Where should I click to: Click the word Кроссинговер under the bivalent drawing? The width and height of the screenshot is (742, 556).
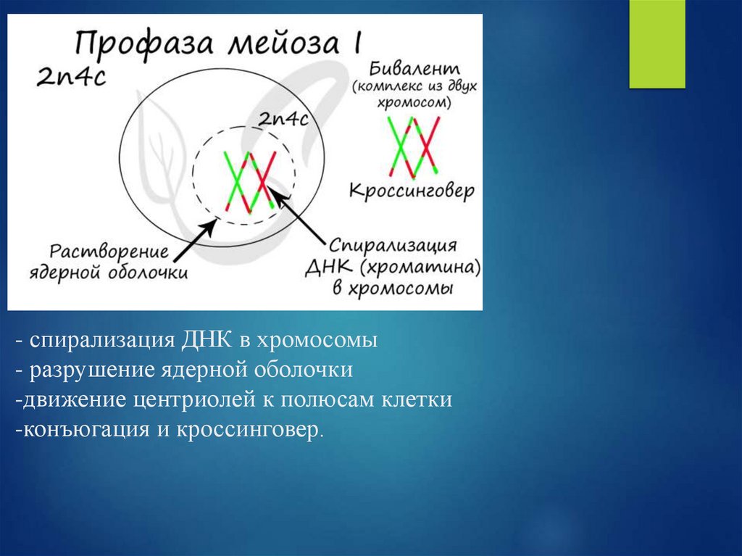[x=412, y=191]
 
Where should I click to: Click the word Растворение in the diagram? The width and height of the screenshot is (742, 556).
[x=109, y=253]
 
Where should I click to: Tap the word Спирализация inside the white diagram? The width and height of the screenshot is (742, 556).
[x=399, y=245]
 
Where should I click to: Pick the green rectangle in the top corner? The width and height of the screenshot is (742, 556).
[x=656, y=44]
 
